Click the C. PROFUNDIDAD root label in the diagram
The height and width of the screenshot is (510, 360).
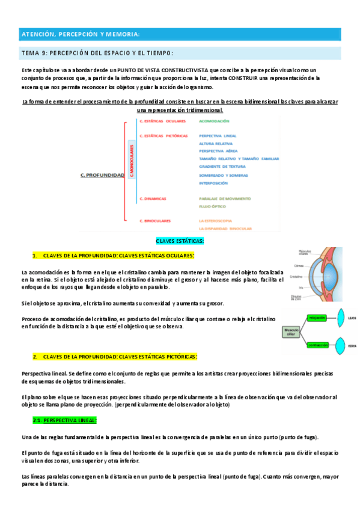pos(102,176)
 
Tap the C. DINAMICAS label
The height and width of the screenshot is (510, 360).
pos(152,198)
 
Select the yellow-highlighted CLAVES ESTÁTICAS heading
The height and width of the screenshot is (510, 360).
pos(180,241)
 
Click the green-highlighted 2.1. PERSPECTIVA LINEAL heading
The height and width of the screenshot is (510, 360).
pos(64,420)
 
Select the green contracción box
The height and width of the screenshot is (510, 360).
pos(319,345)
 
